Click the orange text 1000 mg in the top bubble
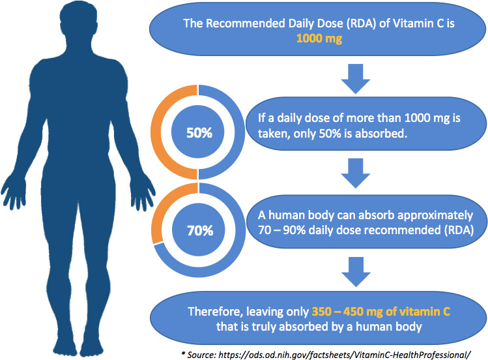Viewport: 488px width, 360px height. (319, 38)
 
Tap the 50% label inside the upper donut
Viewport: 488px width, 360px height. (199, 133)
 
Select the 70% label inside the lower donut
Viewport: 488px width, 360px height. (200, 231)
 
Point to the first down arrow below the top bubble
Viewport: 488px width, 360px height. (356, 79)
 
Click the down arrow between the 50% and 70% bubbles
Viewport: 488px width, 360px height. (356, 173)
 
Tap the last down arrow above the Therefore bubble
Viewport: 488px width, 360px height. (356, 272)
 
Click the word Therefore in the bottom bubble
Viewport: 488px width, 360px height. (216, 312)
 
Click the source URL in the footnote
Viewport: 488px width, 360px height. (345, 355)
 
